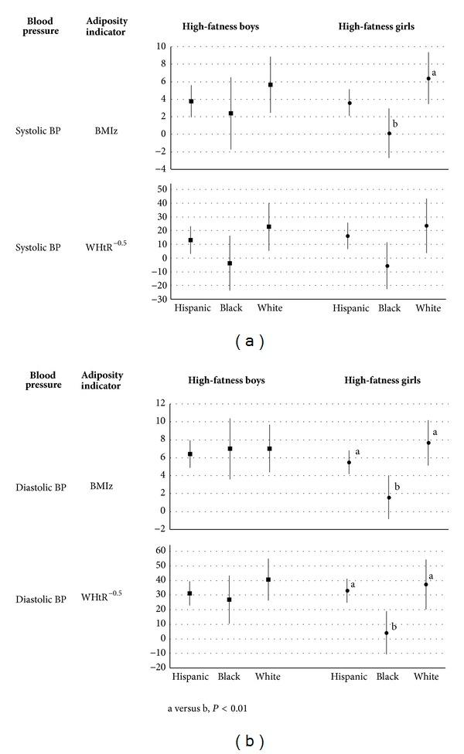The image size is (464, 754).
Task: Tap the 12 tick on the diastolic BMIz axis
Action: pos(161,403)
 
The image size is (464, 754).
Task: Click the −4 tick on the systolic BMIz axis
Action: pos(161,169)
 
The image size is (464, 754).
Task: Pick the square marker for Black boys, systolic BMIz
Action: pos(230,114)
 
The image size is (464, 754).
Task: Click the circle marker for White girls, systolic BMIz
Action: pos(428,78)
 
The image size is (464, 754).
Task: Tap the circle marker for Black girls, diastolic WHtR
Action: pos(387,633)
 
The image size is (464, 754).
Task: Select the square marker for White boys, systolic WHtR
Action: pos(269,226)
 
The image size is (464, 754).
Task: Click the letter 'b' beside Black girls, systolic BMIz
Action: pos(395,124)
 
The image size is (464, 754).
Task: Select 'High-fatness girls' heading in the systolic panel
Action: pos(377,25)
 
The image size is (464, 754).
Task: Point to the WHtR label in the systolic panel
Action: pos(101,248)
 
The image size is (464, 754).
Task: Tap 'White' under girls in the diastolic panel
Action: pos(426,677)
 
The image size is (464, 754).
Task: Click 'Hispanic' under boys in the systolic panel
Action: pos(191,308)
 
